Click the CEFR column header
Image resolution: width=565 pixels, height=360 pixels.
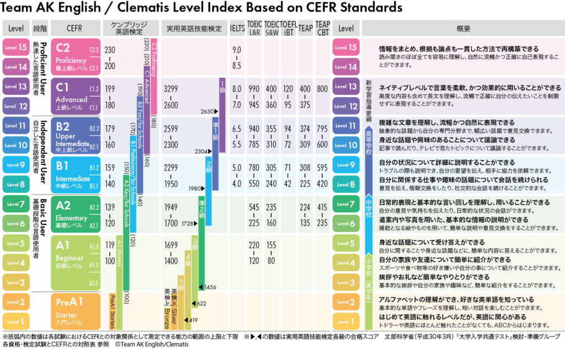coord(74,28)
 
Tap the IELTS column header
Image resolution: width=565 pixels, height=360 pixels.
coord(237,28)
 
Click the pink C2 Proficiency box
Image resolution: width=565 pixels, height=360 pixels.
coord(74,57)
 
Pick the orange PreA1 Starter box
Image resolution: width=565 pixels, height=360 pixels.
coord(74,310)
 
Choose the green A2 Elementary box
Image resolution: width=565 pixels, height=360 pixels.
coord(74,214)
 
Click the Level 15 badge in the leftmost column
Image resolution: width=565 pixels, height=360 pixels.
coord(16,47)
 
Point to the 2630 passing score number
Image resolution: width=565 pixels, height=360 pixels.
coord(207,111)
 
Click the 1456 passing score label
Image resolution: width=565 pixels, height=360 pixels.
coord(210,287)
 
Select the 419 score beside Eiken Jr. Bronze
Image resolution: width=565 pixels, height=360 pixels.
coord(193,320)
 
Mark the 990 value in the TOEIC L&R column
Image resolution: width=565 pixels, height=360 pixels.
coord(254,88)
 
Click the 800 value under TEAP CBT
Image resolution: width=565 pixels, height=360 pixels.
coord(322,88)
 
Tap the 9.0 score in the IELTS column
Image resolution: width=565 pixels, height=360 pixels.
coord(237,50)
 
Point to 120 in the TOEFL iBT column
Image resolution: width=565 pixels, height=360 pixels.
coord(287,88)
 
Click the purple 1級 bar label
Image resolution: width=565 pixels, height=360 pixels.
coord(222,85)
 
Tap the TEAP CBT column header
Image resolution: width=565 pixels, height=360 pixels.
coord(322,28)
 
